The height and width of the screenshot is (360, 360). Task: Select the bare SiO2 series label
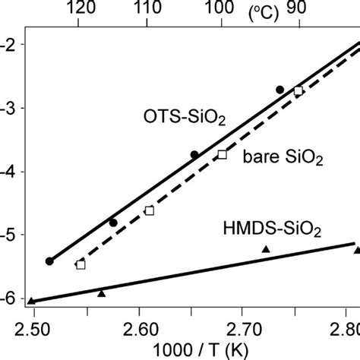coord(283,158)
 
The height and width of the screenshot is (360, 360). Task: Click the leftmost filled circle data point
coord(49,261)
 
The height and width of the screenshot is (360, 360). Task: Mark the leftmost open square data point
coord(81,264)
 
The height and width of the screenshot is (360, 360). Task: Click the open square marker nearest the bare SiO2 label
coord(223,154)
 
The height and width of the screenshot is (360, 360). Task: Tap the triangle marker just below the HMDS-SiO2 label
coord(266,249)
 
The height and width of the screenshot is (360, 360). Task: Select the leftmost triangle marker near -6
coord(31,301)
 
